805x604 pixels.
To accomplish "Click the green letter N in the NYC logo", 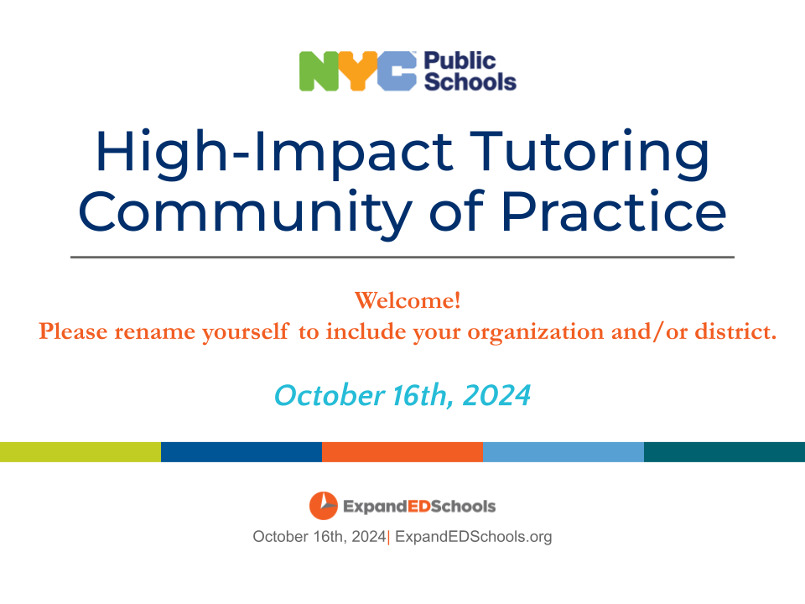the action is (x=319, y=71).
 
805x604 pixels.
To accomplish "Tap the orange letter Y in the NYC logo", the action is (x=357, y=71).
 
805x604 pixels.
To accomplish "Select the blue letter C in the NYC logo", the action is (x=397, y=71).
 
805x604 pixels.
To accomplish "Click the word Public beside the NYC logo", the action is (x=460, y=61).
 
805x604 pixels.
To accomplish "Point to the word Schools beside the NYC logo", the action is (x=470, y=82).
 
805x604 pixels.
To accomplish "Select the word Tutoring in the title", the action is (x=589, y=153).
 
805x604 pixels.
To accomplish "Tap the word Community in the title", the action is (x=245, y=212).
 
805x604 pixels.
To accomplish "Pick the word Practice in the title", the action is (x=614, y=211).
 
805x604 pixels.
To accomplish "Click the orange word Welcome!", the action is (x=408, y=300).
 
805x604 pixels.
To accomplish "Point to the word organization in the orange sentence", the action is (x=536, y=333).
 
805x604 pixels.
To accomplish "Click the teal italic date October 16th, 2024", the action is (x=402, y=395).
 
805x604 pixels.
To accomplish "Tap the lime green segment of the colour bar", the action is (x=80, y=452).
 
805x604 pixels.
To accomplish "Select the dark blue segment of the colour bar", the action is (x=241, y=452).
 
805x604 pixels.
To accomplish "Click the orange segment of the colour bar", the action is (x=402, y=452).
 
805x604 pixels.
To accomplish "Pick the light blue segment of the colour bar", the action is (x=563, y=452).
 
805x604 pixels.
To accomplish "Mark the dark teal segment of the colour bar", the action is (x=724, y=452).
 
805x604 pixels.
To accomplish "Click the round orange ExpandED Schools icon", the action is (x=324, y=506).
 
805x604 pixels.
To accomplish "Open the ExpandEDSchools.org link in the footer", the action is (x=473, y=537).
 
